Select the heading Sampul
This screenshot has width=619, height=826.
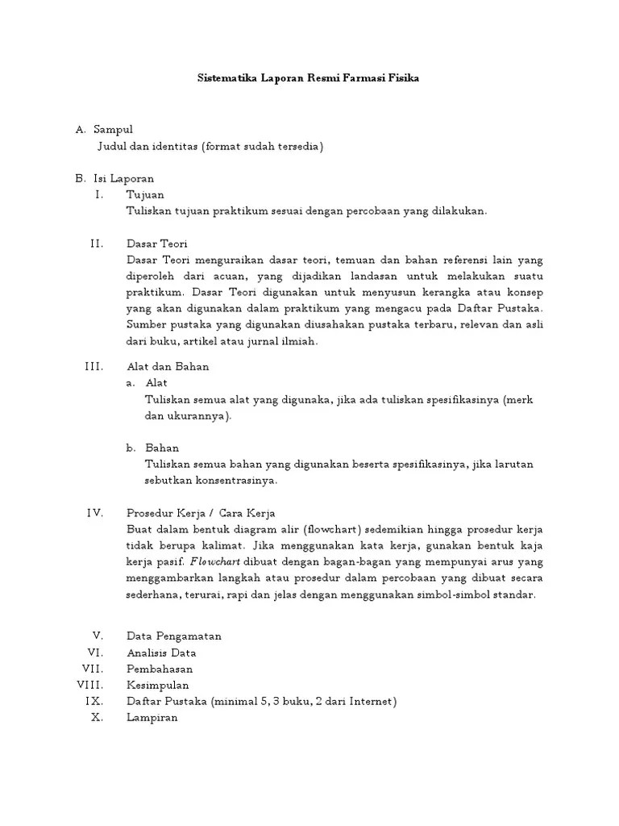coord(114,129)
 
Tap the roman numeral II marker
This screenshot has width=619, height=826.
coord(97,243)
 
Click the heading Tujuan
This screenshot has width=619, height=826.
coord(145,194)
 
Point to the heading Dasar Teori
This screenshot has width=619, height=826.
coord(157,243)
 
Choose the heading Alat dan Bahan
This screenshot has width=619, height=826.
coord(168,366)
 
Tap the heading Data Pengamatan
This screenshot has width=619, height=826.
coord(174,636)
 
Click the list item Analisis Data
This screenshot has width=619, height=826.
coord(161,653)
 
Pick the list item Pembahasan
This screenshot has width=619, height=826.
coord(160,669)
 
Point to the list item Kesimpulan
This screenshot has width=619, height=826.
coord(157,685)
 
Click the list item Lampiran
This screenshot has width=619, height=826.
coord(152,717)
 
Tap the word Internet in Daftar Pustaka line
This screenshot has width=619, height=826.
coord(370,701)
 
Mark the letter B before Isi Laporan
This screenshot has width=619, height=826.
coord(80,178)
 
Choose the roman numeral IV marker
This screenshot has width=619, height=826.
coord(95,513)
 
